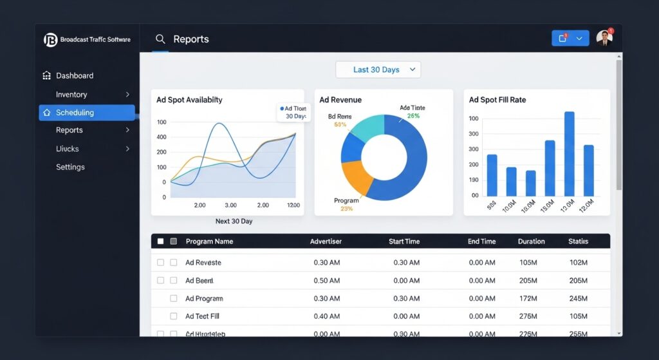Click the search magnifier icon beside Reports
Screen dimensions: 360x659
[160, 39]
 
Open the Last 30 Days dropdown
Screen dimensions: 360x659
[378, 70]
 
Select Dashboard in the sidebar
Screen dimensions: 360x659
[74, 75]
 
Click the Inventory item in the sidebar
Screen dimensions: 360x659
[71, 94]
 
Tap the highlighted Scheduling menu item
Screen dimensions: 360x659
[75, 113]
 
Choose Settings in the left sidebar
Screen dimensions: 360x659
[70, 167]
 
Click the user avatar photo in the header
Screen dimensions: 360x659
[604, 39]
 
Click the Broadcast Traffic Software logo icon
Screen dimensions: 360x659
[50, 40]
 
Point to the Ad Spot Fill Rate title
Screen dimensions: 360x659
[497, 100]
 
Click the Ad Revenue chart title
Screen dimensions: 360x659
[340, 100]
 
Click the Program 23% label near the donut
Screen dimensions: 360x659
[346, 204]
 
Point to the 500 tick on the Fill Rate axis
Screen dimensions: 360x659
[474, 134]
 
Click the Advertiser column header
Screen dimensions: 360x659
[326, 242]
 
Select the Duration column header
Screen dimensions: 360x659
[531, 242]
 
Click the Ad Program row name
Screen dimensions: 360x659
[204, 299]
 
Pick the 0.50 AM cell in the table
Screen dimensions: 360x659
[328, 281]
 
